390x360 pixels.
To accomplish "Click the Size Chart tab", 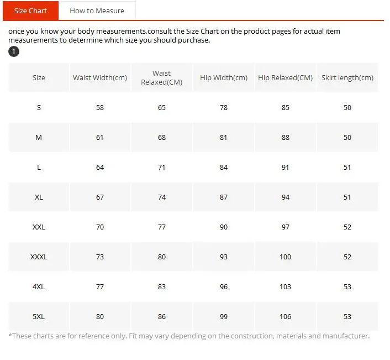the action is [30, 11].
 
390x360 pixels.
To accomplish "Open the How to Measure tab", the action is [97, 11].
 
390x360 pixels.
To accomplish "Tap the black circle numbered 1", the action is [14, 51].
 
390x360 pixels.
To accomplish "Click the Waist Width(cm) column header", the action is [100, 77].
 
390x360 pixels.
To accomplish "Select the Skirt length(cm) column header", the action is [347, 77].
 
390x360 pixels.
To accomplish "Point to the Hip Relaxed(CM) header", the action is [285, 77].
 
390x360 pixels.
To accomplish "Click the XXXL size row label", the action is [39, 257].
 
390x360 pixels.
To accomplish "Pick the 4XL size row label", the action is [39, 287].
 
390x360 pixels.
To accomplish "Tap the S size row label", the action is [39, 107].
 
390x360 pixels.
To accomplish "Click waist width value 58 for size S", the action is [100, 107].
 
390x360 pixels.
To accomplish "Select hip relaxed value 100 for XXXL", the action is [285, 257].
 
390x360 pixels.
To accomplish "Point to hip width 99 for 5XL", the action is [224, 317].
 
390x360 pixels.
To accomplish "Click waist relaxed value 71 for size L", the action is [162, 168].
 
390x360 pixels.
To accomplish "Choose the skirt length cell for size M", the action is [347, 138].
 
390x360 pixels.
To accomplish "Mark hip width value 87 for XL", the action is [224, 197].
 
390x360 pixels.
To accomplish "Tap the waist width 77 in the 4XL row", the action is [100, 287].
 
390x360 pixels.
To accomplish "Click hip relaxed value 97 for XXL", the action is [286, 227].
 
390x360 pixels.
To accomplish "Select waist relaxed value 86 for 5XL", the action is [162, 317].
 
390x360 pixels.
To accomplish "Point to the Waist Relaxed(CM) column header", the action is [162, 77].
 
